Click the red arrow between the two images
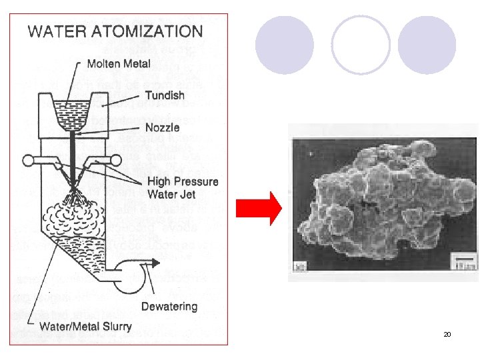[x=269, y=209]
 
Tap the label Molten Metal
[x=119, y=64]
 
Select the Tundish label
[x=165, y=95]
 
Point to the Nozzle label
[x=162, y=127]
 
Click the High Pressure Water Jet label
[x=182, y=187]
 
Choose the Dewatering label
[x=169, y=307]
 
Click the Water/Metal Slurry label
[x=85, y=327]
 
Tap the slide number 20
[x=447, y=333]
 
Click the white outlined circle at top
[x=361, y=45]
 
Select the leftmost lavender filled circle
[x=285, y=45]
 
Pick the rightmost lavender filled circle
[x=427, y=45]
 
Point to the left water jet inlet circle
[x=29, y=160]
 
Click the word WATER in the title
[x=56, y=31]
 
